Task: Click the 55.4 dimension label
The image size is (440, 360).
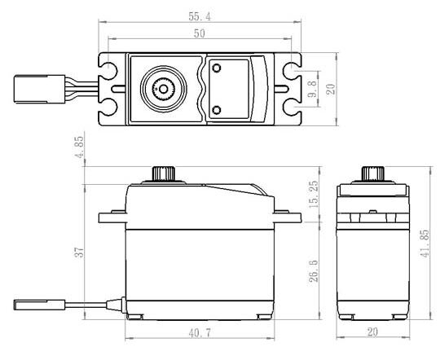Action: coord(200,16)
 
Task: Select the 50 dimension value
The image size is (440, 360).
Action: coord(200,33)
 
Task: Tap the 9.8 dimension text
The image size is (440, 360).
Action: coord(312,89)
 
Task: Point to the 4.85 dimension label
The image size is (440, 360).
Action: coord(80,147)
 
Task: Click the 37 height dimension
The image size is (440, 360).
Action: coord(79,252)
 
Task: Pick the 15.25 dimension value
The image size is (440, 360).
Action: coord(314,194)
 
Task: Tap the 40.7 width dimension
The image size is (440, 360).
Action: coord(200,333)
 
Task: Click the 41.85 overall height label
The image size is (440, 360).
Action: coord(425,244)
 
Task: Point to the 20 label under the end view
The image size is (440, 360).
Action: coord(372,332)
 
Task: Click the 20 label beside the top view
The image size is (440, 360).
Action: coord(331,89)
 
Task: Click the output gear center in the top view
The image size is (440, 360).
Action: coord(163,90)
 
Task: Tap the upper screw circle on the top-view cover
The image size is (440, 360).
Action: coord(217,68)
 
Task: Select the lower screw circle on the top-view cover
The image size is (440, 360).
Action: coord(217,110)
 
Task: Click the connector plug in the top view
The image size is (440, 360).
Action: coord(40,89)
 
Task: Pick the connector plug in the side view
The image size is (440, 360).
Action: coord(40,305)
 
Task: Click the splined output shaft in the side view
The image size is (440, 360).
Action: coord(164,173)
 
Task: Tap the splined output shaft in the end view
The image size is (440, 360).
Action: coord(372,173)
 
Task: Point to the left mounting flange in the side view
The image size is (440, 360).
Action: coord(112,217)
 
